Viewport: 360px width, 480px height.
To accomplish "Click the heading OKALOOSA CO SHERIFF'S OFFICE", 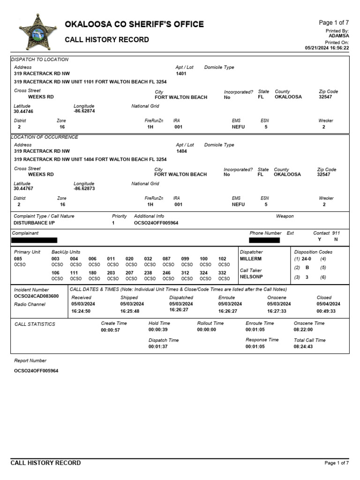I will coord(134,24).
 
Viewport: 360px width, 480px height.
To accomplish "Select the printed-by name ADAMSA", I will coord(338,36).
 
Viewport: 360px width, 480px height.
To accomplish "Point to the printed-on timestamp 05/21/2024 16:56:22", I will coord(327,48).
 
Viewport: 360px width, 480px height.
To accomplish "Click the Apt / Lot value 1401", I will coord(181,74).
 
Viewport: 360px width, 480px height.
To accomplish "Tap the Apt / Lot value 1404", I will coord(181,151).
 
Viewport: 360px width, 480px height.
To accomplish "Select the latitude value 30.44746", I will coord(23,112).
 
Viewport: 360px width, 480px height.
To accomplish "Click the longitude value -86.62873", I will coord(84,189).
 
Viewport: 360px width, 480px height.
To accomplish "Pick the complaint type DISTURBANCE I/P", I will coord(34,223).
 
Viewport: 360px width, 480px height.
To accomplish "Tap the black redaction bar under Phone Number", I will coord(264,240).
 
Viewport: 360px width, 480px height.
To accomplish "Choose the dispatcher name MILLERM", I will coord(251,259).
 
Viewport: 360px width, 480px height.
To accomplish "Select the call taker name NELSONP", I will coord(251,277).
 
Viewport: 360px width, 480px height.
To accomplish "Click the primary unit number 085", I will coord(18,259).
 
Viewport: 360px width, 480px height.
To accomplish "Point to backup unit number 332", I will coord(223,272).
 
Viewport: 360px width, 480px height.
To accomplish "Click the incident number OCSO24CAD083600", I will coord(37,296).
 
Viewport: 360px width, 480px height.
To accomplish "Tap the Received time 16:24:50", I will coord(81,311).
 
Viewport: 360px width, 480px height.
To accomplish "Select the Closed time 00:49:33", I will coord(326,311).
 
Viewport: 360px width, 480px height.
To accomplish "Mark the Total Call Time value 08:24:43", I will coord(304,346).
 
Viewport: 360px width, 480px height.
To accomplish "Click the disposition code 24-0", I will coord(306,259).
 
